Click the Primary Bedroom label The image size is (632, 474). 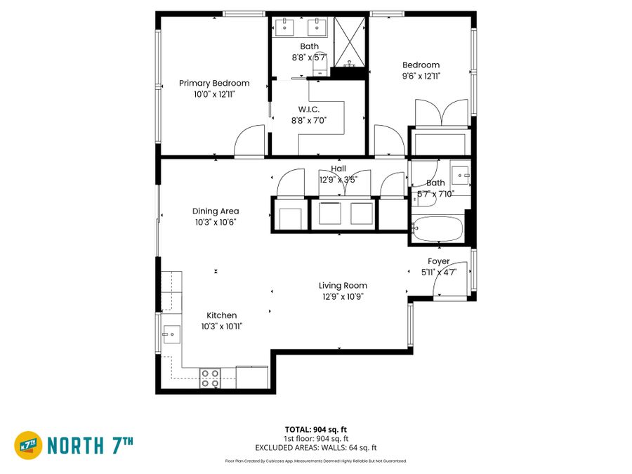pos(214,83)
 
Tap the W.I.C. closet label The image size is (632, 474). pos(309,110)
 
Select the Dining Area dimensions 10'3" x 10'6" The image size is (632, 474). pos(216,222)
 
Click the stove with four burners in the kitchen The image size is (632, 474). pos(211,378)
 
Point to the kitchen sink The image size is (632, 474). pos(171,334)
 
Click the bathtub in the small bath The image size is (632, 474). pos(437,228)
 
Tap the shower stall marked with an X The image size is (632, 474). pos(350,41)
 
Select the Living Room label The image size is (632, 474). pos(343,286)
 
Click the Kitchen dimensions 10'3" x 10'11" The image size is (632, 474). pos(222,327)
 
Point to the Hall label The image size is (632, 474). pos(338,169)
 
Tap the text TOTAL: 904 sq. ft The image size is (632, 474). pos(316,430)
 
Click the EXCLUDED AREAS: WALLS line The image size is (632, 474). pos(316,447)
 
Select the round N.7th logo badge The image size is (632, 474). pos(28,445)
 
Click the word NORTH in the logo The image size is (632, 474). pos(75,445)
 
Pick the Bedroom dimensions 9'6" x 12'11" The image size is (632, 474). pos(421,76)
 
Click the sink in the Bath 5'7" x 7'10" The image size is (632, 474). pos(461,175)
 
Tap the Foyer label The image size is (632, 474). pos(438,261)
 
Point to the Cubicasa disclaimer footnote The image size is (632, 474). pos(316,461)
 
